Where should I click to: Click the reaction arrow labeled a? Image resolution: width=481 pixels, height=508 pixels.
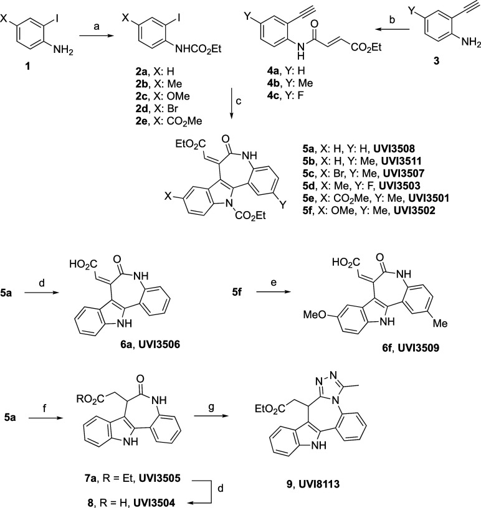(97, 36)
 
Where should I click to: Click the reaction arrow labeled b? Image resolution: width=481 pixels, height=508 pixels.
(393, 30)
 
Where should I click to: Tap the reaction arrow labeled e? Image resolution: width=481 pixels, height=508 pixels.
(273, 292)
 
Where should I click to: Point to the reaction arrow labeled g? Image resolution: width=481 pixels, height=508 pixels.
(211, 416)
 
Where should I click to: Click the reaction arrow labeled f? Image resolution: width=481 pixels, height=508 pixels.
(45, 418)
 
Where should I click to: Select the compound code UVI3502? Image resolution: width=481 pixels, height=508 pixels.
(414, 210)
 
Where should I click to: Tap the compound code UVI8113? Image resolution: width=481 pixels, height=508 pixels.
(319, 484)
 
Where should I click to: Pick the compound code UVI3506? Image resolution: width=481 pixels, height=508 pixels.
(160, 344)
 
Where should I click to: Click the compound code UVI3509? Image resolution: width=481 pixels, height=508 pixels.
(419, 348)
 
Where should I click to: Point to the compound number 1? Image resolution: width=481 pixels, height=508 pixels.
(27, 67)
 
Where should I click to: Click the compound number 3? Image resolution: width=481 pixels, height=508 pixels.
(437, 60)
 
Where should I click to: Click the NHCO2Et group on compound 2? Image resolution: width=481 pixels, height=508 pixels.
(199, 49)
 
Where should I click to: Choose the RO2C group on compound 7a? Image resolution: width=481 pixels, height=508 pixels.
(91, 398)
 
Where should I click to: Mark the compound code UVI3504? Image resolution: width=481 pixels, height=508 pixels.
(155, 502)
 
